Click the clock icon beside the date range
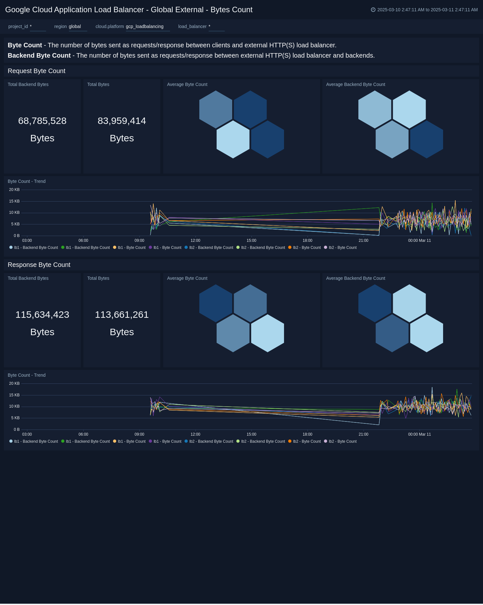(373, 10)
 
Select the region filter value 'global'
(75, 26)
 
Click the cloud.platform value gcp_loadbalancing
(145, 26)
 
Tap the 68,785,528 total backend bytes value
(42, 121)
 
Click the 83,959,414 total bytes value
(122, 121)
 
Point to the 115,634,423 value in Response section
(42, 315)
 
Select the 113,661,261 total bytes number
(122, 315)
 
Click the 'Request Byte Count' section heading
(36, 71)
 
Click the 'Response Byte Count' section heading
(39, 265)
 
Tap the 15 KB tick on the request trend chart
(14, 201)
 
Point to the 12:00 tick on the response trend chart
(195, 434)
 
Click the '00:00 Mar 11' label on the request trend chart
(419, 241)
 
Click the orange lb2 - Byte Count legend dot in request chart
(290, 247)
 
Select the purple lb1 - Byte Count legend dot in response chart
(150, 441)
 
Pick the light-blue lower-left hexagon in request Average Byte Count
(233, 139)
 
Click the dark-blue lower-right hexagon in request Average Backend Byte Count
(426, 139)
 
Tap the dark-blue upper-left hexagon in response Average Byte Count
(215, 303)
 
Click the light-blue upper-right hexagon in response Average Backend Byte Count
(409, 303)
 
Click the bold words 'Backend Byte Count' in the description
(39, 55)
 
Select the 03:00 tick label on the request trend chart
(27, 241)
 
